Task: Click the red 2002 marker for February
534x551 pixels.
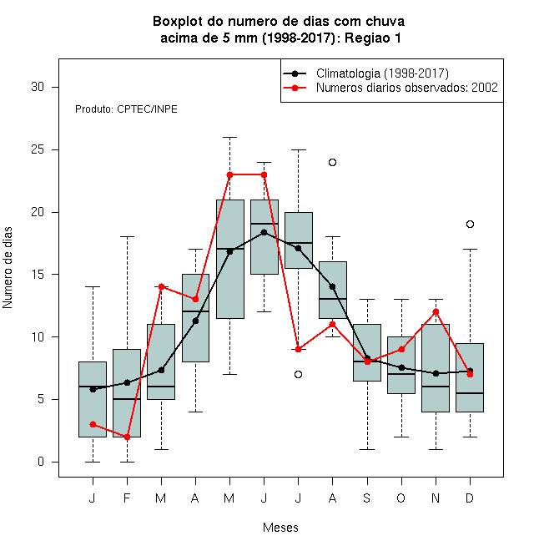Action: pyautogui.click(x=127, y=437)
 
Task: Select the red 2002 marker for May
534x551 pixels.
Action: pyautogui.click(x=229, y=174)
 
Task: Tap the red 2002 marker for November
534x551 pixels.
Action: pyautogui.click(x=436, y=311)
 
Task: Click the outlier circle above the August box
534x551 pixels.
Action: pyautogui.click(x=332, y=162)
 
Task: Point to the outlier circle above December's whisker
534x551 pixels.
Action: pyautogui.click(x=470, y=225)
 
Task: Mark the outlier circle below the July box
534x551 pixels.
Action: pyautogui.click(x=298, y=374)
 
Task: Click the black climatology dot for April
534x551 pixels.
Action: pyautogui.click(x=196, y=321)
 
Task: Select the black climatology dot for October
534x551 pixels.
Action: pyautogui.click(x=401, y=367)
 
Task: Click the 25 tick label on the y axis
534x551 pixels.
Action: pyautogui.click(x=38, y=149)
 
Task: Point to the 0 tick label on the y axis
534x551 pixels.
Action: pyautogui.click(x=41, y=462)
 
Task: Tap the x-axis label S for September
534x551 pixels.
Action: pyautogui.click(x=367, y=498)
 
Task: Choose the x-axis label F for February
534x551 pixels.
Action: pyautogui.click(x=127, y=498)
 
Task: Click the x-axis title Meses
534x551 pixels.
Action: pyautogui.click(x=280, y=528)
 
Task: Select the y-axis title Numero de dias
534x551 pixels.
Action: pyautogui.click(x=8, y=268)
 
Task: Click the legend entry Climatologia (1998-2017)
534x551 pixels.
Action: pyautogui.click(x=382, y=73)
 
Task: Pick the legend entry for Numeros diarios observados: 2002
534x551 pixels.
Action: pyautogui.click(x=407, y=88)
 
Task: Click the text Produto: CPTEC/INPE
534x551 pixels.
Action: pyautogui.click(x=126, y=109)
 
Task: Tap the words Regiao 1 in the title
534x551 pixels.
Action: pyautogui.click(x=373, y=38)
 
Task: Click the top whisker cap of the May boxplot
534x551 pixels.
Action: pyautogui.click(x=229, y=138)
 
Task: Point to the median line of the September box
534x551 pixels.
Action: pyautogui.click(x=367, y=361)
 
